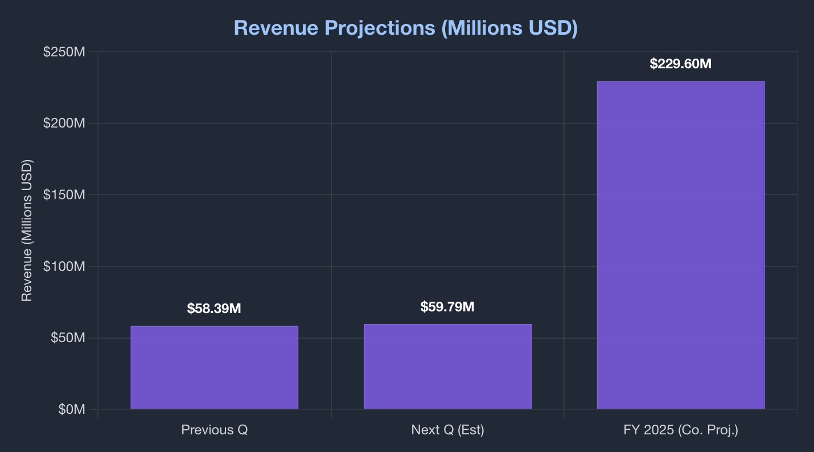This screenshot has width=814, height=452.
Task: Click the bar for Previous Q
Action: point(214,367)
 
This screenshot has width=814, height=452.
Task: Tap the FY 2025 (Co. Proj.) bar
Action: point(680,245)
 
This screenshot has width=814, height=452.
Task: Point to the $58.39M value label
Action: point(214,309)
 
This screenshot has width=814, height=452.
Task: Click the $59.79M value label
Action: point(447,307)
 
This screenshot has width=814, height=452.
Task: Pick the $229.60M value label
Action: point(680,64)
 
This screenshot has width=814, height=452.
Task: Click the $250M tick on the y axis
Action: point(64,52)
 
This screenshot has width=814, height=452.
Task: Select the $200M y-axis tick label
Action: point(64,124)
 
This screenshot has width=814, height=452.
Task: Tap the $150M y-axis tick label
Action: point(64,195)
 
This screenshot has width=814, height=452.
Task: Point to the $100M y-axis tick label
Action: point(64,266)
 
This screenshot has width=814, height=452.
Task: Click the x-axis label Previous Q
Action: point(214,430)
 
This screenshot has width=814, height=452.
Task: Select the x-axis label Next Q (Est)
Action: point(447,430)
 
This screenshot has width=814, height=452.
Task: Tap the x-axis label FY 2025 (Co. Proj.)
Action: point(680,430)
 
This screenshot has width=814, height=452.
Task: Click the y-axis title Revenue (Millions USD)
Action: point(27,231)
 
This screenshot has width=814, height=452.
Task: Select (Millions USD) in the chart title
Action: point(509,28)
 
